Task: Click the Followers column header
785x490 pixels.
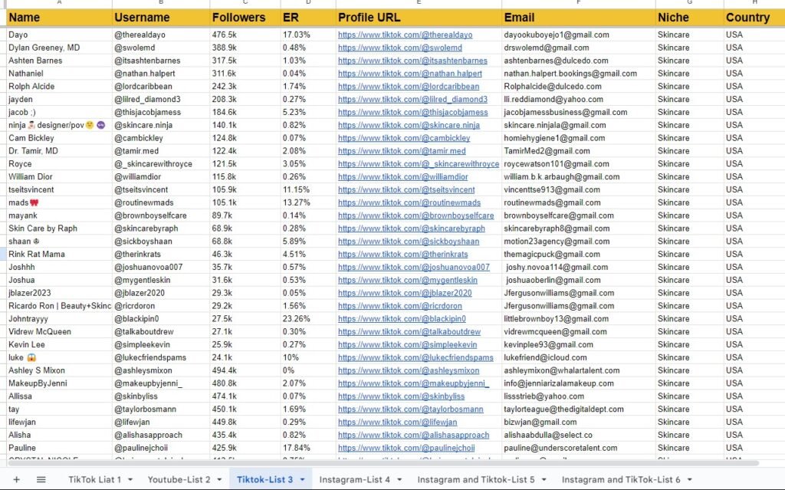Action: [x=239, y=18]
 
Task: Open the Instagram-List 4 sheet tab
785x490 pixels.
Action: [x=355, y=480]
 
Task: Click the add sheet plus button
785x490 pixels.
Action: [x=17, y=480]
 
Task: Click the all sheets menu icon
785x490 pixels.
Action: [x=41, y=480]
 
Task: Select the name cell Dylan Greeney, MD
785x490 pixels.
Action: [x=44, y=48]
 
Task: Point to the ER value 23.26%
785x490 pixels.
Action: [x=296, y=319]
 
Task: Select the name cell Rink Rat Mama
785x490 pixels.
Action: [x=37, y=255]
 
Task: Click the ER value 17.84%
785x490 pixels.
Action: [x=296, y=448]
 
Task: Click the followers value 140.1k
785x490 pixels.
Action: [x=224, y=125]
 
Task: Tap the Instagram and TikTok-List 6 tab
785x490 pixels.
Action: [x=620, y=480]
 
